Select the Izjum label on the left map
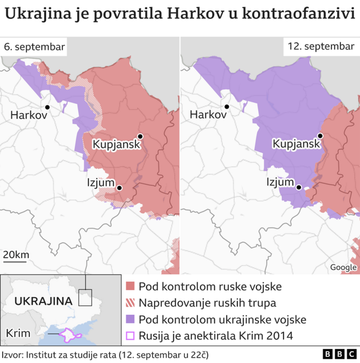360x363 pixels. pyautogui.click(x=101, y=182)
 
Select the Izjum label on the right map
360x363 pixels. pyautogui.click(x=280, y=182)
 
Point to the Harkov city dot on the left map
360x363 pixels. pyautogui.click(x=47, y=107)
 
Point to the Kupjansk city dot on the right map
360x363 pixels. pyautogui.click(x=319, y=135)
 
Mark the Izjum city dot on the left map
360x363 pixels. pyautogui.click(x=119, y=188)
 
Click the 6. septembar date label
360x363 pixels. pyautogui.click(x=34, y=47)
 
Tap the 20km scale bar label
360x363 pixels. pyautogui.click(x=16, y=256)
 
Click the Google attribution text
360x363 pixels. pyautogui.click(x=343, y=267)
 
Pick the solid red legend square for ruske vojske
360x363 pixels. pyautogui.click(x=130, y=286)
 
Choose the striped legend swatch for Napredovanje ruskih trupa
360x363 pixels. pyautogui.click(x=130, y=303)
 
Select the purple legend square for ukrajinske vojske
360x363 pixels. pyautogui.click(x=130, y=320)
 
